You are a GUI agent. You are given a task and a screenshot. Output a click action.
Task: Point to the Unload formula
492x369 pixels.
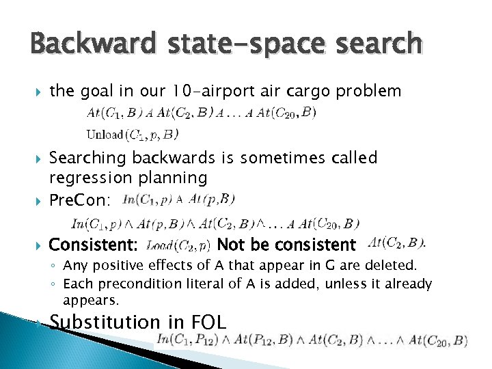click(x=133, y=134)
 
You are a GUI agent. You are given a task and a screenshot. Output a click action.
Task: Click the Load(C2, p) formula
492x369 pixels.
click(x=178, y=244)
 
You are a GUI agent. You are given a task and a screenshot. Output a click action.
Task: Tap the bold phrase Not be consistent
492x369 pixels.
click(x=286, y=245)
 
